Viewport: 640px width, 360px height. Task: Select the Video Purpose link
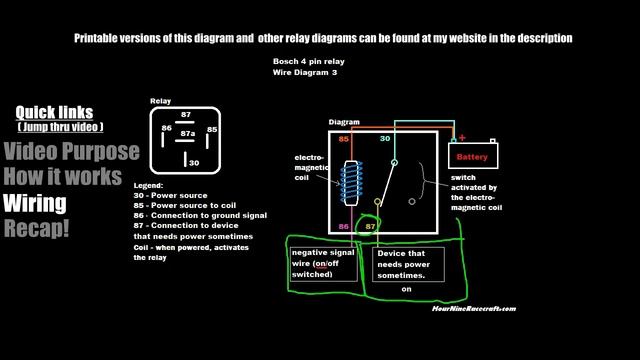[x=70, y=152]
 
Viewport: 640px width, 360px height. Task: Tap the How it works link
[x=62, y=177]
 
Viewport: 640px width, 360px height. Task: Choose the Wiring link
[x=34, y=204]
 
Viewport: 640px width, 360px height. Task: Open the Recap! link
[x=37, y=229]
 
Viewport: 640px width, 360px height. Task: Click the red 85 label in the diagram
[x=343, y=139]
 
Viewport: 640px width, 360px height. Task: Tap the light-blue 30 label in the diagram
[x=384, y=139]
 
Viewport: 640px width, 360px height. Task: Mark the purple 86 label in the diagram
[x=343, y=228]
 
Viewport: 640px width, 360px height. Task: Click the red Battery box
[x=471, y=157]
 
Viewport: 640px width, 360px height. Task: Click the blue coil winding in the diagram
[x=350, y=179]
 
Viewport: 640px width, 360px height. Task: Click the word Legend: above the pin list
[x=148, y=187]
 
